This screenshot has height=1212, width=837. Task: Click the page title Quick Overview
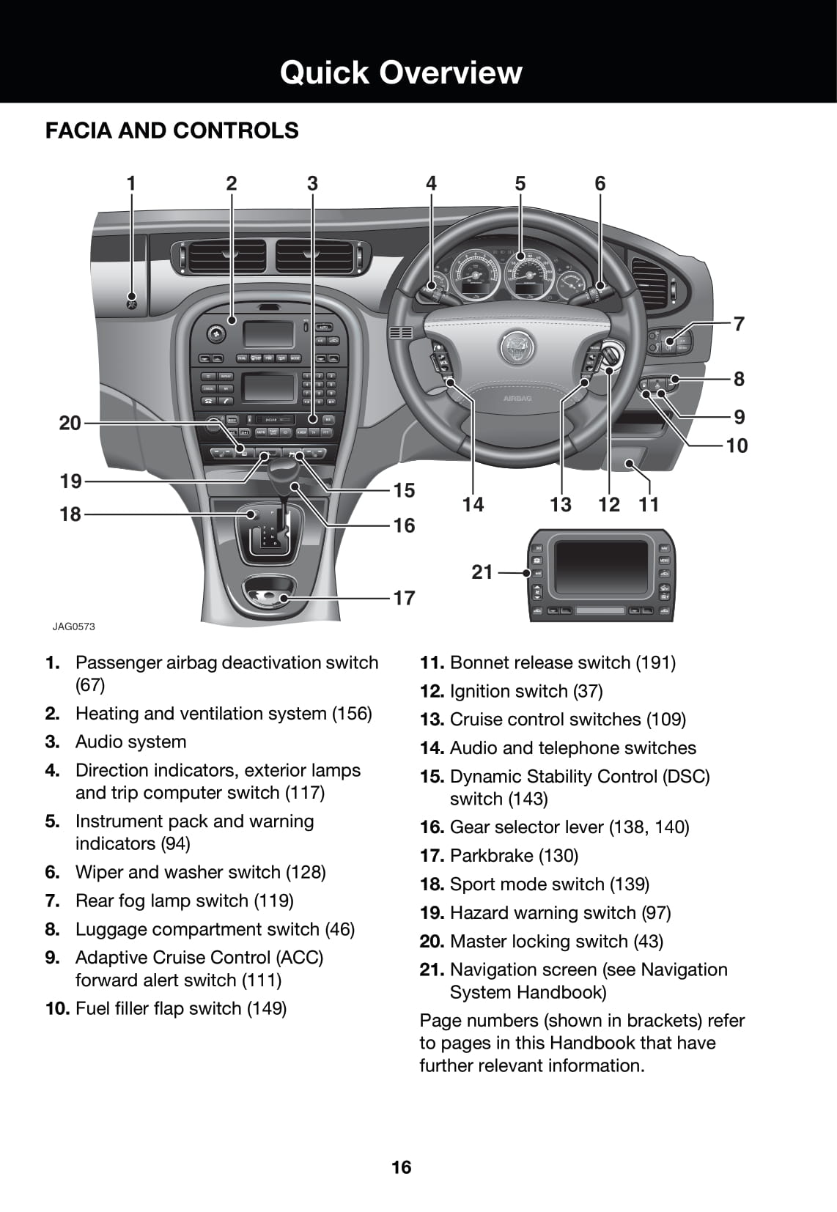tap(400, 73)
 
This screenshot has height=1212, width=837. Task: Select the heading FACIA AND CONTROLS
tap(172, 130)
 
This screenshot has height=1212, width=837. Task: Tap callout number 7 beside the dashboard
tap(739, 323)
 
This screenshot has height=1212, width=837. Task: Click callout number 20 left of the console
tap(70, 423)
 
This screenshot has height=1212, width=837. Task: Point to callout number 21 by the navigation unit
tap(482, 572)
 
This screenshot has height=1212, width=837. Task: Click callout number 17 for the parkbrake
tap(404, 598)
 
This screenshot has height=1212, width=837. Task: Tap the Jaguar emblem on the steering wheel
tap(517, 347)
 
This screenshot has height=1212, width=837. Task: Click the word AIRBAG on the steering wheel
tap(517, 399)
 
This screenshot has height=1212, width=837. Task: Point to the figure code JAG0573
tap(73, 627)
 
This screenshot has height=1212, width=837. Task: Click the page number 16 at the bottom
tap(402, 1167)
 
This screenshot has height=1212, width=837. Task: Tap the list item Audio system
tap(130, 742)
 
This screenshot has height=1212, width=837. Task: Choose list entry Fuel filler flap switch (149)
tap(180, 1008)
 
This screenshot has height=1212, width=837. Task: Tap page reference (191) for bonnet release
tap(655, 662)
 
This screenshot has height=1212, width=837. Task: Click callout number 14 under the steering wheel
tap(473, 504)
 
